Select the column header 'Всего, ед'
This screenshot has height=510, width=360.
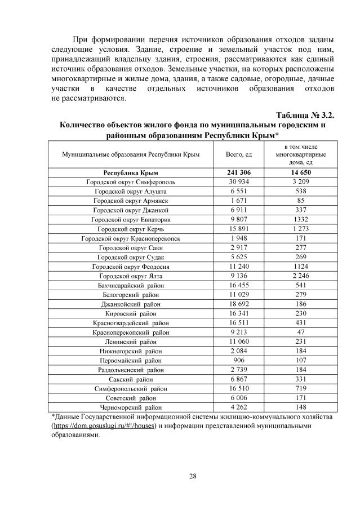[x=239, y=153]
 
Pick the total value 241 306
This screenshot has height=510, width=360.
[x=239, y=173]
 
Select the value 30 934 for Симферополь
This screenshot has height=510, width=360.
[x=239, y=182]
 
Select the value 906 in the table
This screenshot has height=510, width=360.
[x=239, y=360]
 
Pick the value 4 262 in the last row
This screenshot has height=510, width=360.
[x=239, y=407]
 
